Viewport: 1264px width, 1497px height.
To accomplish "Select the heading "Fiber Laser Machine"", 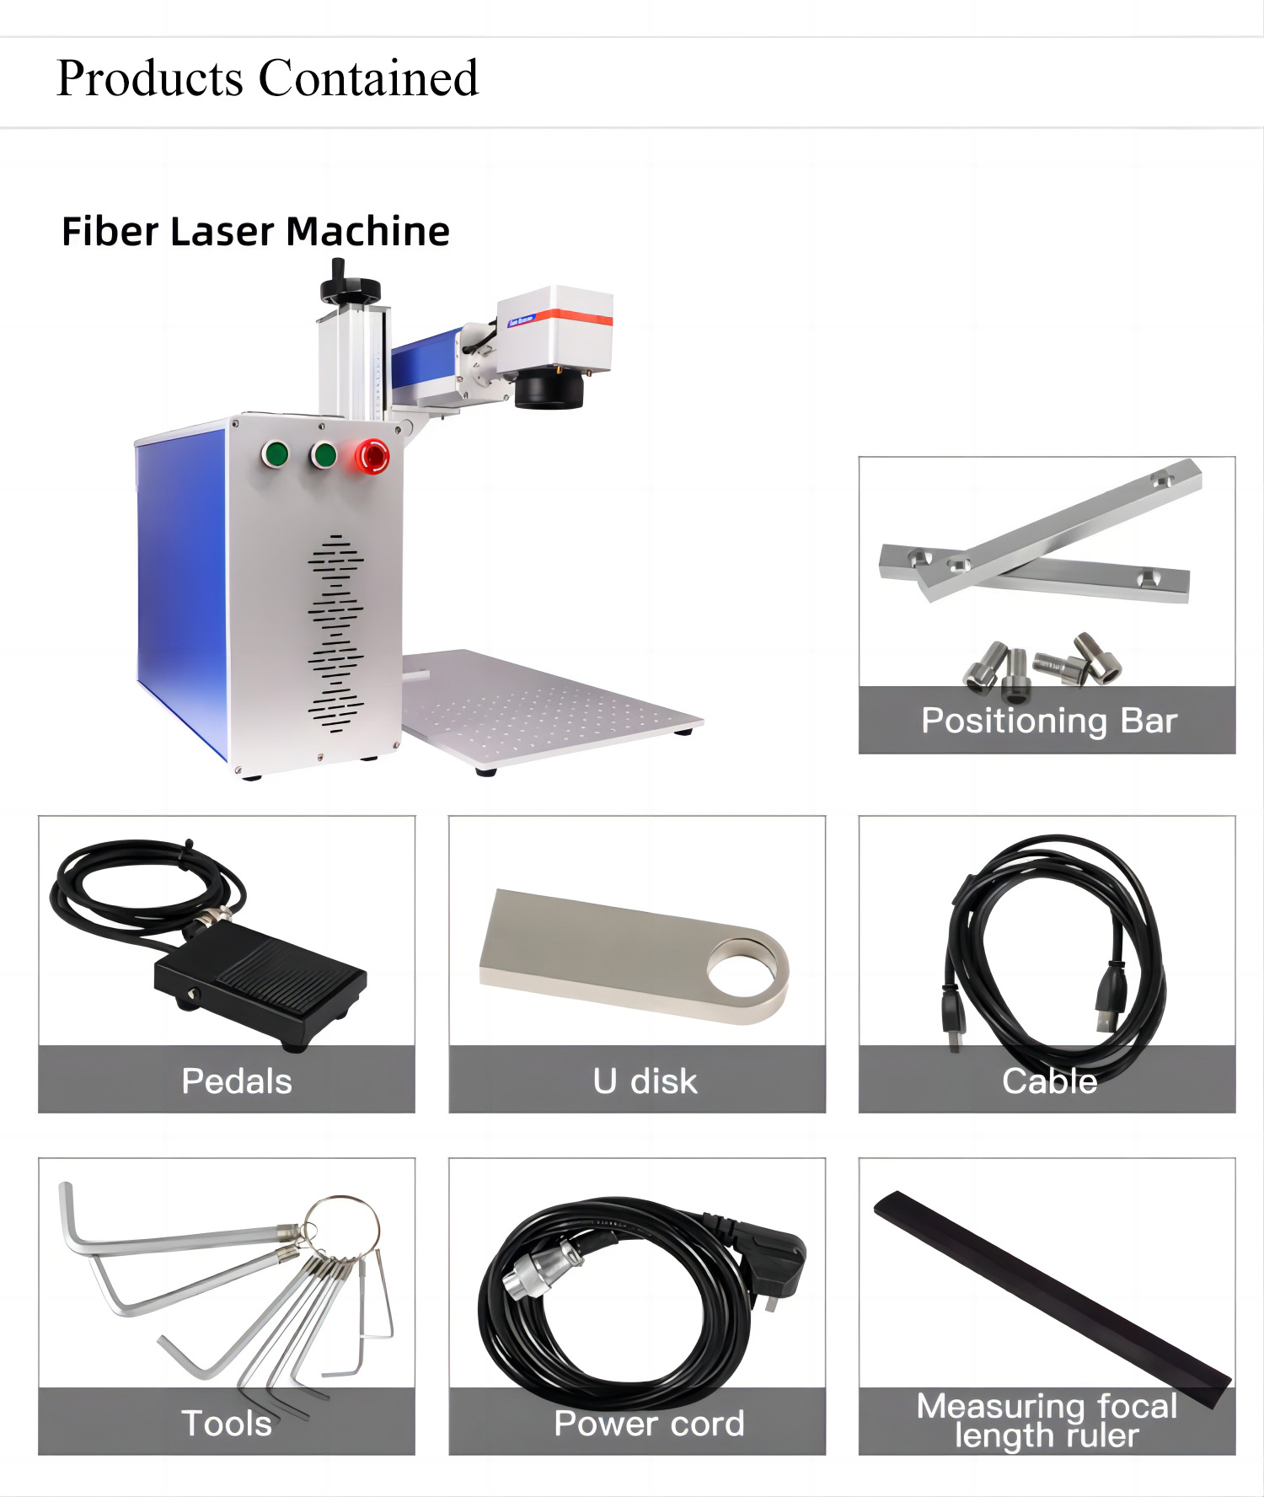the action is [x=255, y=231].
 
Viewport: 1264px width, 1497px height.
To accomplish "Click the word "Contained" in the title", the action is [x=368, y=78].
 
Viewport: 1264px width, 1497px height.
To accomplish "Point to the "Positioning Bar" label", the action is [x=1048, y=721].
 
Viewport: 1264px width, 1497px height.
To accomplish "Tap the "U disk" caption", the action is [x=645, y=1081].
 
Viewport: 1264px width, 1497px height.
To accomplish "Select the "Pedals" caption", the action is [x=237, y=1081].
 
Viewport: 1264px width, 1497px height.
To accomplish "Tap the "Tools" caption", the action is [x=227, y=1424].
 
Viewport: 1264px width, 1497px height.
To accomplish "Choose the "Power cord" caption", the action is [x=649, y=1424].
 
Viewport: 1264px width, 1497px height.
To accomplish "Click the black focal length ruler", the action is [x=1053, y=1299].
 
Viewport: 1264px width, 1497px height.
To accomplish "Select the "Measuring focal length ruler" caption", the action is [x=1047, y=1420].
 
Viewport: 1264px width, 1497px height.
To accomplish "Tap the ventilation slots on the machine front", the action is [x=335, y=632].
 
